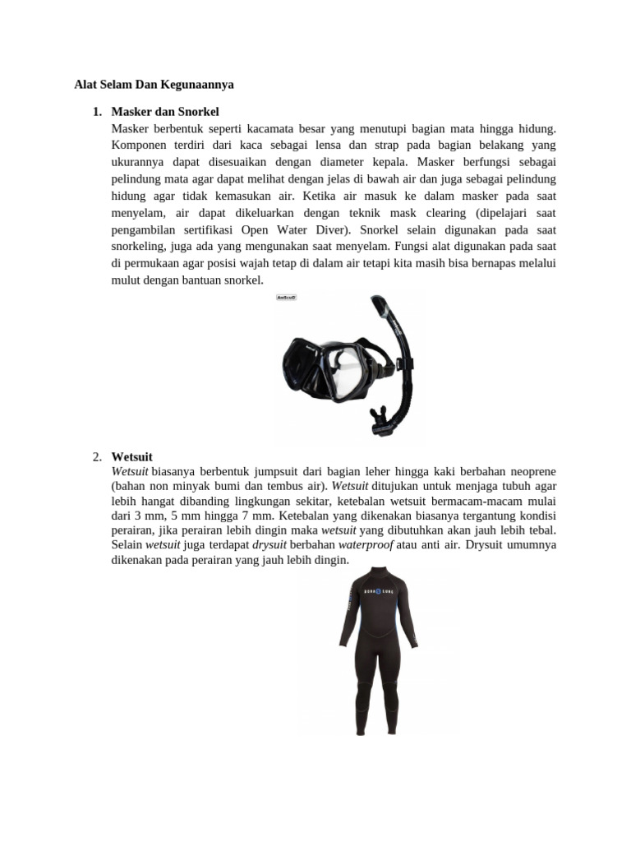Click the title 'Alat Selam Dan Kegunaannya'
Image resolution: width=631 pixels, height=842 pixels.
[x=154, y=85]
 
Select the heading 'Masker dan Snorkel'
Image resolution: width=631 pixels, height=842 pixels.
[x=165, y=111]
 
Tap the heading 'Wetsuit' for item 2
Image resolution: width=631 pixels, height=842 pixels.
[x=131, y=456]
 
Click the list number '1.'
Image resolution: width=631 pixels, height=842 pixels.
[x=97, y=111]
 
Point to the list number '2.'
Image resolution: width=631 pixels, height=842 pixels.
[x=97, y=456]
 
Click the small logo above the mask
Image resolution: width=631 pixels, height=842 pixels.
[x=286, y=298]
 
